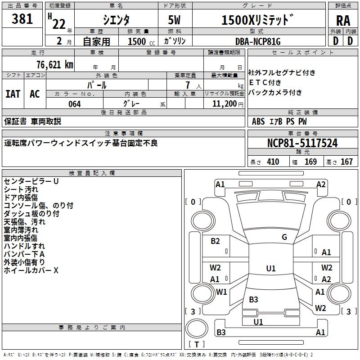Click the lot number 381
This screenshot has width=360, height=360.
tap(22, 19)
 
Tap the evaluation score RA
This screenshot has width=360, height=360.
tap(343, 21)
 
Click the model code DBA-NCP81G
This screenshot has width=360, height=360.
tap(258, 41)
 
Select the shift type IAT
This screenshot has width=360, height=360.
tap(13, 94)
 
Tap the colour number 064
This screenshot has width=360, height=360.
tap(74, 104)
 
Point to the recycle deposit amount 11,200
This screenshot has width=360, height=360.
tap(224, 104)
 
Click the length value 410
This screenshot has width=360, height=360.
tap(273, 162)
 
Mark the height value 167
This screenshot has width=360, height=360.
tap(346, 162)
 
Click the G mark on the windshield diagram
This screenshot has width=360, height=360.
tap(284, 237)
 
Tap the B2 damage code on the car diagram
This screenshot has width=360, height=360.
tap(216, 241)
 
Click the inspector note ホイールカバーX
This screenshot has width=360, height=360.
tap(31, 270)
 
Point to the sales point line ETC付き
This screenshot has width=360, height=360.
tap(265, 83)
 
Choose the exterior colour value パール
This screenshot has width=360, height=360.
tap(97, 85)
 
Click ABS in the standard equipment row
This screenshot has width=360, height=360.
tap(258, 121)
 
